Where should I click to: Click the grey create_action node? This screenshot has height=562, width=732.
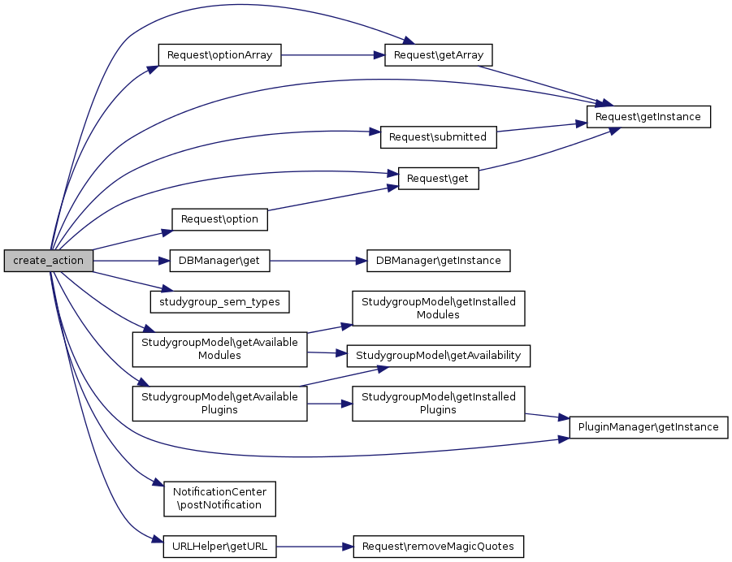(x=49, y=261)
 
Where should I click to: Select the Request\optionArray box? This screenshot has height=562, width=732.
(x=219, y=55)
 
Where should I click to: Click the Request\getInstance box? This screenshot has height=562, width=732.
(x=649, y=117)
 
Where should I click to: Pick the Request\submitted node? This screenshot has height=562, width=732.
(x=438, y=137)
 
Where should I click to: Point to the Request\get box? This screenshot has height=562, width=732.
(x=438, y=179)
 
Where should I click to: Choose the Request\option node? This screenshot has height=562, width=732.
(x=219, y=219)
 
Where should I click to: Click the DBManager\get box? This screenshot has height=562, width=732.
(x=219, y=261)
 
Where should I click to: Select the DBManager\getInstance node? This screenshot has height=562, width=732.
(x=439, y=261)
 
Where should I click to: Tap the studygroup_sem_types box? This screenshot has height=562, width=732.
(x=219, y=302)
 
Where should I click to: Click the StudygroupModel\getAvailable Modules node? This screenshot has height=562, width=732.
(x=219, y=349)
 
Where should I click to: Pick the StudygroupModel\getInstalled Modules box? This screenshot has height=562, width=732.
(x=438, y=308)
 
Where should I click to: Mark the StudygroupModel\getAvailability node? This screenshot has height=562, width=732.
(x=439, y=355)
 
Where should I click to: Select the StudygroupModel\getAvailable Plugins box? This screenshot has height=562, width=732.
(x=219, y=403)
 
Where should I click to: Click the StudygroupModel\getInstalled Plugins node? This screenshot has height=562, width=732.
(x=438, y=403)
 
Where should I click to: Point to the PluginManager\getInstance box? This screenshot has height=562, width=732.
(x=648, y=426)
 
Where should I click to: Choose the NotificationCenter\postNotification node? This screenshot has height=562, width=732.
(x=219, y=498)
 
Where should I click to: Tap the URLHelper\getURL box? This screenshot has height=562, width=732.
(x=219, y=547)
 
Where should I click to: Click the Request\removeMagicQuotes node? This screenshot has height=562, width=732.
(x=438, y=547)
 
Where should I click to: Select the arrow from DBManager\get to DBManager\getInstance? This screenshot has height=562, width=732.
(x=318, y=261)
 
